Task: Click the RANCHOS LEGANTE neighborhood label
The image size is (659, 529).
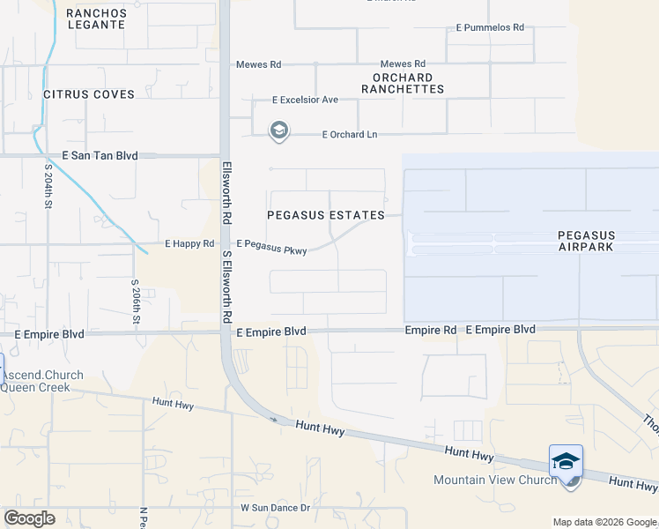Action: pyautogui.click(x=95, y=19)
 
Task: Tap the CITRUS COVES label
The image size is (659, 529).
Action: pyautogui.click(x=89, y=94)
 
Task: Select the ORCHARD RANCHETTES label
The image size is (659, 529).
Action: pyautogui.click(x=402, y=83)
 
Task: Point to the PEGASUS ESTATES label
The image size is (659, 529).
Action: pyautogui.click(x=326, y=215)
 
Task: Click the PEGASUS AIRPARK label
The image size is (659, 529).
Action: pyautogui.click(x=587, y=242)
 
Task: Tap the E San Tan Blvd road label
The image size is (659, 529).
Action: pyautogui.click(x=104, y=155)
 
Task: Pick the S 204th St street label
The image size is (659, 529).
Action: pyautogui.click(x=48, y=185)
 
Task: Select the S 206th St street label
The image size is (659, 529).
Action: pyautogui.click(x=136, y=301)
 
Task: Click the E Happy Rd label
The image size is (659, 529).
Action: pyautogui.click(x=189, y=243)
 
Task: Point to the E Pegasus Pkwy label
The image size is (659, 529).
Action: pyautogui.click(x=271, y=247)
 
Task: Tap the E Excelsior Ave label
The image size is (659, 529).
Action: pyautogui.click(x=305, y=100)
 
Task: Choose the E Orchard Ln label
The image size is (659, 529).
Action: pyautogui.click(x=350, y=134)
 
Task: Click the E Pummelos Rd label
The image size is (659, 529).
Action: pyautogui.click(x=490, y=28)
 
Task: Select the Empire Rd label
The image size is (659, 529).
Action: pyautogui.click(x=431, y=330)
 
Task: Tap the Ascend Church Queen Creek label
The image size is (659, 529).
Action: pyautogui.click(x=42, y=381)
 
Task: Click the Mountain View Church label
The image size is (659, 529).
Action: pyautogui.click(x=495, y=480)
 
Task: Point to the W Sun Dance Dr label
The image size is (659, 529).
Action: pyautogui.click(x=276, y=508)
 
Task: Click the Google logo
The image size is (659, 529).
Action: pyautogui.click(x=29, y=518)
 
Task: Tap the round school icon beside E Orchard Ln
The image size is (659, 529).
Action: pyautogui.click(x=278, y=131)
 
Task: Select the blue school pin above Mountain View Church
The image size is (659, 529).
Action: pyautogui.click(x=566, y=462)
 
